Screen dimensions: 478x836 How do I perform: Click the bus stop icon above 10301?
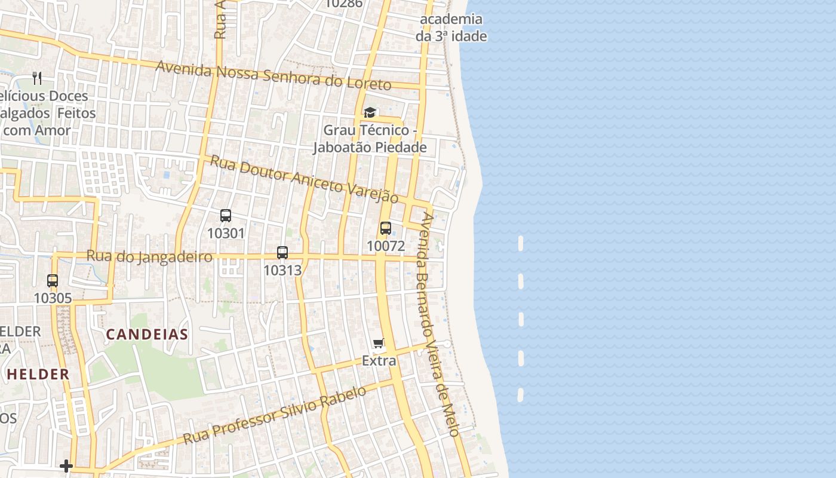226,216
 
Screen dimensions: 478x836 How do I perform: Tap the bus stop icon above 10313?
282,253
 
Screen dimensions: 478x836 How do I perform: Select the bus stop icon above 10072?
386,228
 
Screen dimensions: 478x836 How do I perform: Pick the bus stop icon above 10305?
53,281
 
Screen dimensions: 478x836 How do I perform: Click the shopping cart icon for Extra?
378,344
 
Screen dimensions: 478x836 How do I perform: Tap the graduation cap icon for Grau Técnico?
370,113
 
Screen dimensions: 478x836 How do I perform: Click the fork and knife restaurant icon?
37,78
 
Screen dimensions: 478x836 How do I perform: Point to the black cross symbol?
66,466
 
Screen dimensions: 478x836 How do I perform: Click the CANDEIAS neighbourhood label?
147,335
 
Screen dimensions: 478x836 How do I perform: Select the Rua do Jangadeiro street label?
149,256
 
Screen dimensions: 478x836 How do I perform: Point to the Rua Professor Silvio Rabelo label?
275,415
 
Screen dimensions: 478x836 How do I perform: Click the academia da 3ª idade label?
451,27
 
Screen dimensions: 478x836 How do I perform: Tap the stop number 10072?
386,246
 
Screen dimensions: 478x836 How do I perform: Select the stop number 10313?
282,270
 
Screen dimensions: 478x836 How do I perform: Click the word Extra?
379,361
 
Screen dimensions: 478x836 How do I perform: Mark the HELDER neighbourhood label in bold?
38,375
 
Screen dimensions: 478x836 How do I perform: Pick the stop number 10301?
226,233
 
